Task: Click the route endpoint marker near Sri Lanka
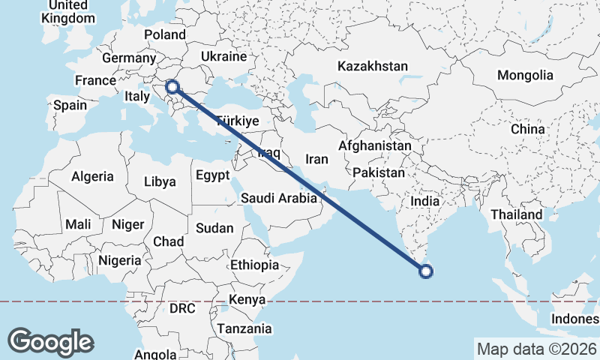tap(426, 271)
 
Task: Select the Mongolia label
tap(525, 75)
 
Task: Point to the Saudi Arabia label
tap(278, 199)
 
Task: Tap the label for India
tap(425, 201)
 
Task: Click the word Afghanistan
tap(375, 145)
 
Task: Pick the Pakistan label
tap(378, 172)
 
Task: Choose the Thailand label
tap(517, 214)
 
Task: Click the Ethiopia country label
tap(255, 265)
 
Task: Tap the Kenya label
tap(248, 300)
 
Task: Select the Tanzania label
tap(244, 328)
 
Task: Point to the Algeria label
tap(92, 177)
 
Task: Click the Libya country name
tap(160, 181)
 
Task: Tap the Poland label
tap(164, 34)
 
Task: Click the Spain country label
tap(70, 105)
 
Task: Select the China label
tap(528, 129)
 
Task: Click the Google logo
tap(50, 341)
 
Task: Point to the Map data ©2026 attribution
tap(536, 349)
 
